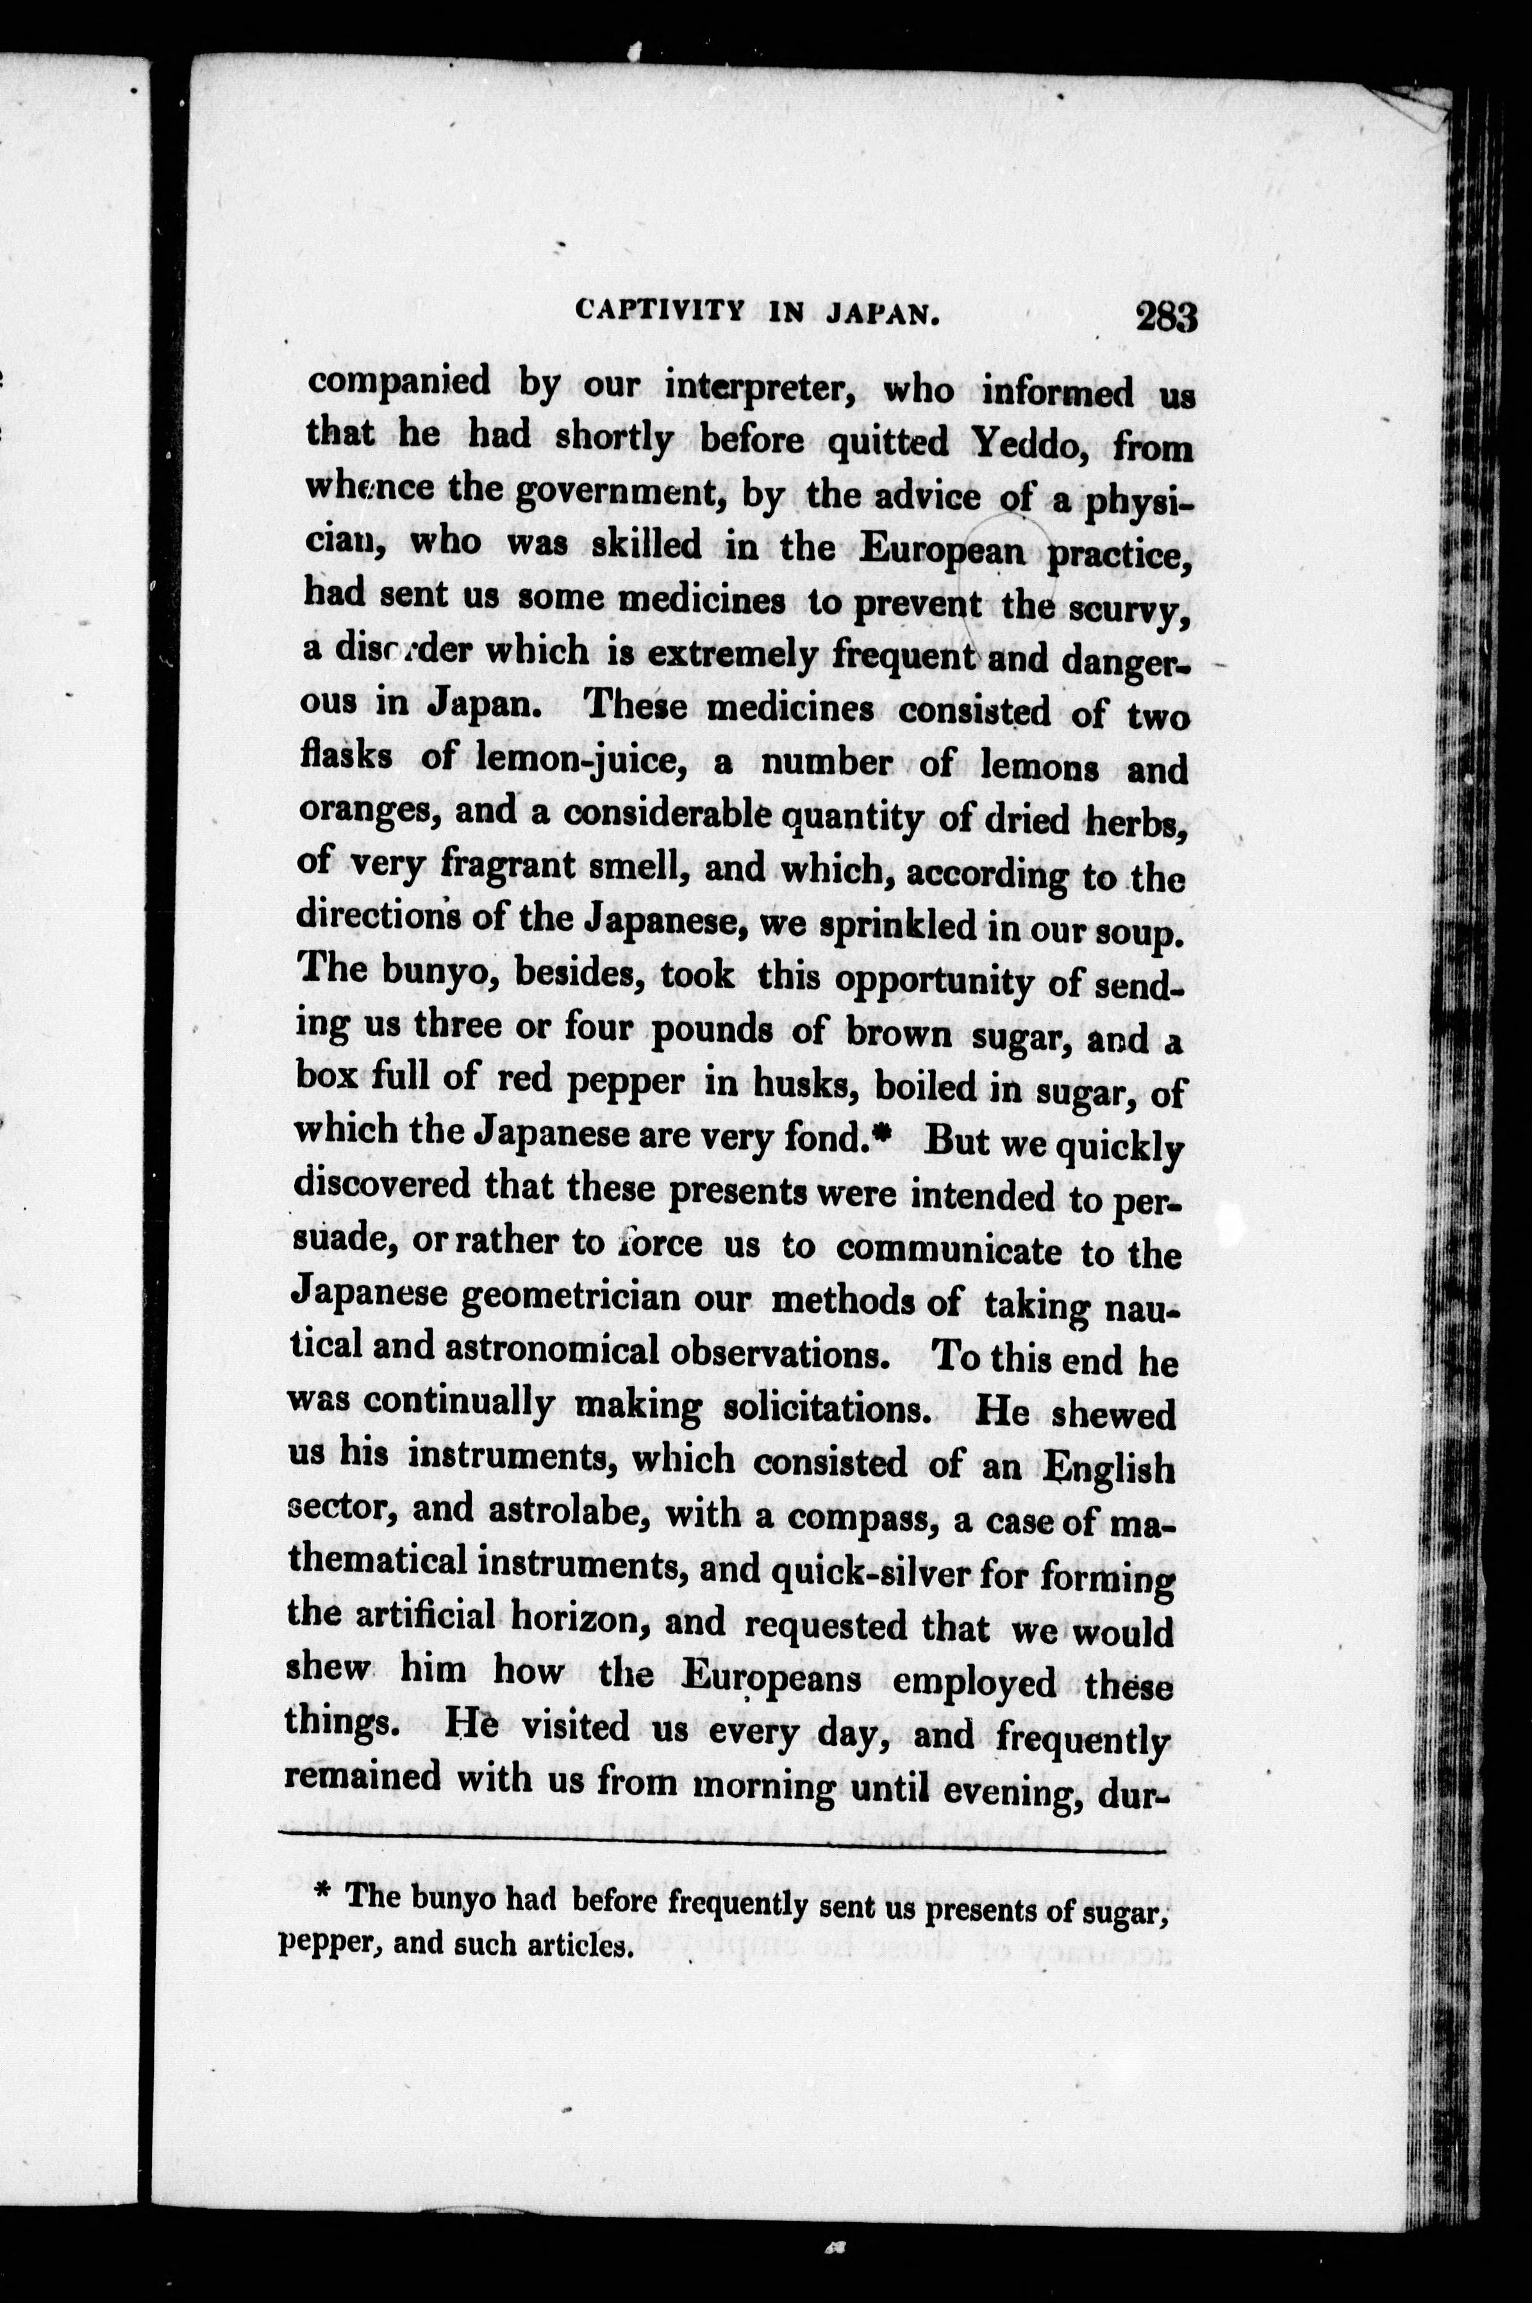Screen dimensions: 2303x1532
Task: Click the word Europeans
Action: (771, 1677)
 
